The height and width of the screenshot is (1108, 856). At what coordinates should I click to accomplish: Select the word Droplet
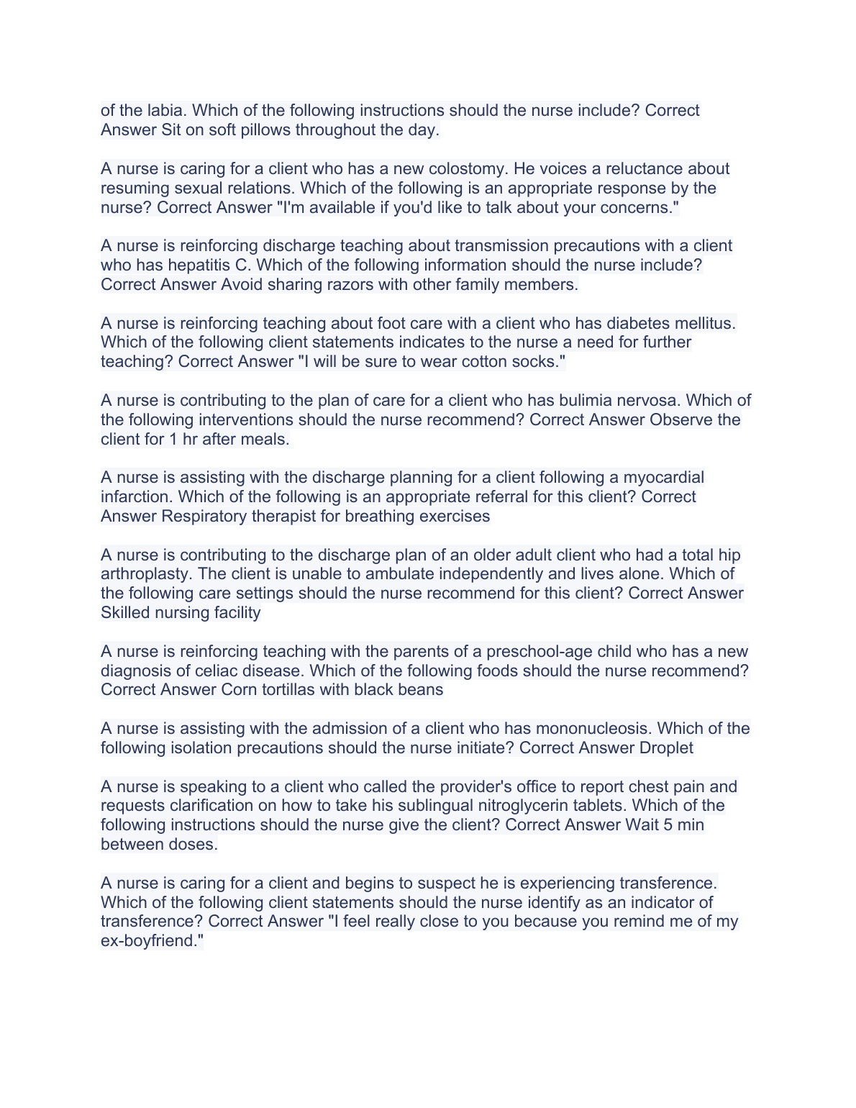[666, 748]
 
